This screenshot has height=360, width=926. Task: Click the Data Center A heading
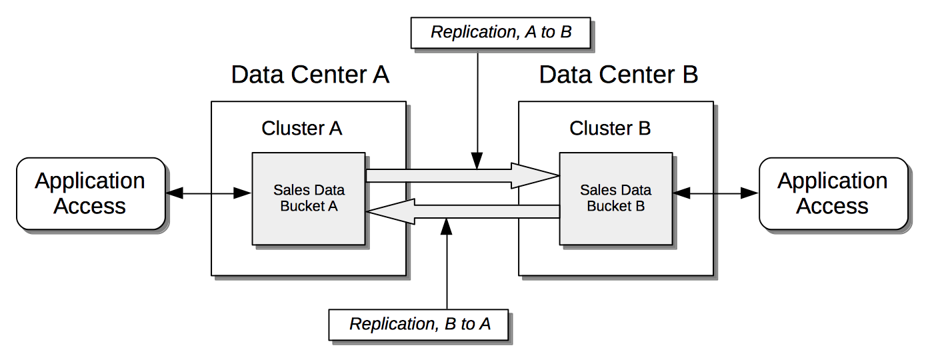tap(310, 75)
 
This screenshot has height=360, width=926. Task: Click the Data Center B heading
tap(618, 75)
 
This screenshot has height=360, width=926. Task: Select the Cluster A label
tap(302, 128)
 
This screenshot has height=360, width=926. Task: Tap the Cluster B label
tap(610, 128)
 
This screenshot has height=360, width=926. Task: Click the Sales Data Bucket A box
tap(309, 199)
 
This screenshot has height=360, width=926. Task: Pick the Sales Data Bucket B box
tap(616, 199)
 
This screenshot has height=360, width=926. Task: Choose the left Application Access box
tap(90, 194)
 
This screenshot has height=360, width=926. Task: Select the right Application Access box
tap(833, 194)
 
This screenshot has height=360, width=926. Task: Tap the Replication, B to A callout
tap(419, 324)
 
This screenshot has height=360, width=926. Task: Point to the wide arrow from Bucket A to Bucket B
tap(460, 176)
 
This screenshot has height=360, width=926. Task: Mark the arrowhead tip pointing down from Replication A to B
tap(477, 167)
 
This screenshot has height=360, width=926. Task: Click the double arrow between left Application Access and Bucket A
tap(209, 194)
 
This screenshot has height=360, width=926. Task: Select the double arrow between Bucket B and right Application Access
tap(715, 194)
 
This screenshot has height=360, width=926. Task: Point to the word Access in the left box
tap(90, 207)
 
